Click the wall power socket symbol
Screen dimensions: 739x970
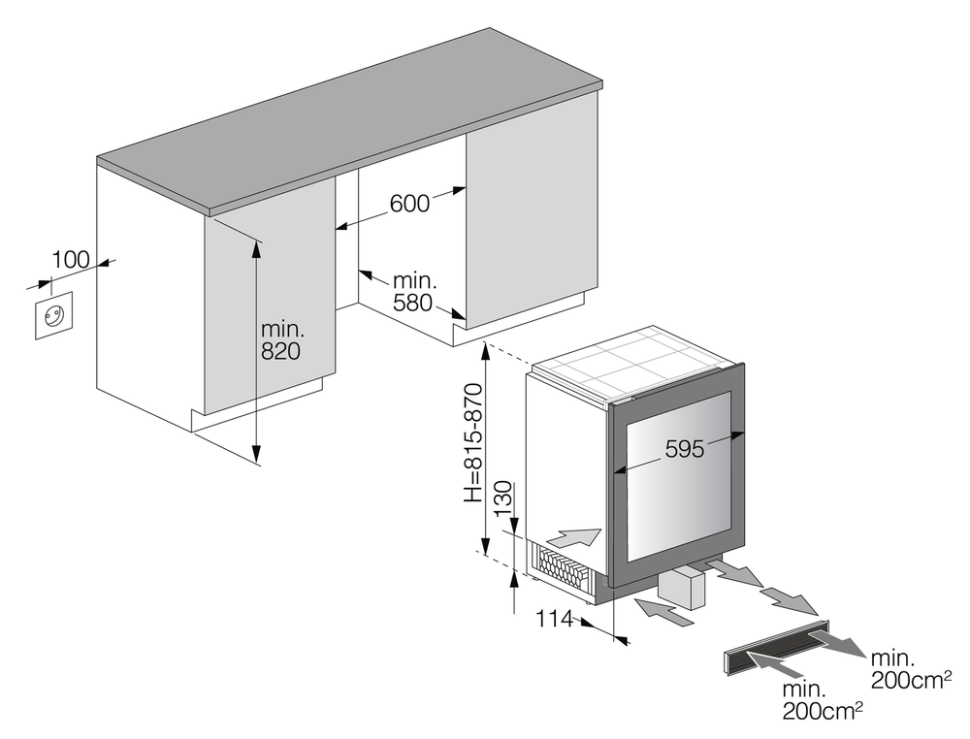(x=52, y=317)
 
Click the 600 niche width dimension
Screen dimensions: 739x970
(x=409, y=204)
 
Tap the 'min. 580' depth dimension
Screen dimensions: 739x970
(x=415, y=292)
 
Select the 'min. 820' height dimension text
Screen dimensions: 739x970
(x=281, y=339)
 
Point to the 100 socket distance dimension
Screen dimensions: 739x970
(x=70, y=260)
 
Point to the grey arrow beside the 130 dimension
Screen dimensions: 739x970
(x=574, y=534)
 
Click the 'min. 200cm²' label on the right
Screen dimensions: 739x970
(x=908, y=669)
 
